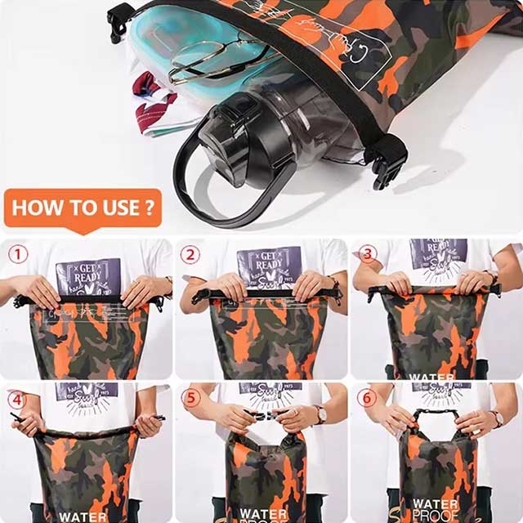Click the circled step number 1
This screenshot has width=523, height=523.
click(x=18, y=254)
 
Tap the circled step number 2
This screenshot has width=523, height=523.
click(x=190, y=254)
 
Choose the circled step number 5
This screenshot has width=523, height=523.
click(x=190, y=400)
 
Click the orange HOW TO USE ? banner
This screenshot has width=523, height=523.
click(x=83, y=208)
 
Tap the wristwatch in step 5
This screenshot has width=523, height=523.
click(x=320, y=414)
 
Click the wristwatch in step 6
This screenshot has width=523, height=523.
click(x=496, y=418)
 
